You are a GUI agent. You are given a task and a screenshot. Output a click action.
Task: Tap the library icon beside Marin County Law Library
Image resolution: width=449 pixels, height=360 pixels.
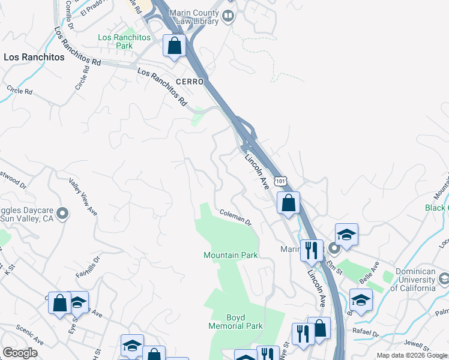point(228,16)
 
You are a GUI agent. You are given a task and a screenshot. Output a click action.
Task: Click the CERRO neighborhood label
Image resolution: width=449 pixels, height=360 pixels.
point(190,82)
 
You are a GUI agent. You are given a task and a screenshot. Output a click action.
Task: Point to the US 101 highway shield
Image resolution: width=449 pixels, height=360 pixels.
point(281,181)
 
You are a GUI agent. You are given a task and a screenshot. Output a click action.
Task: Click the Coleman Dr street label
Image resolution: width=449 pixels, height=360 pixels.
point(235,216)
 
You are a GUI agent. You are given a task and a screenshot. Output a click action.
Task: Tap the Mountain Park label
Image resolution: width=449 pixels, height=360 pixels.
point(231,255)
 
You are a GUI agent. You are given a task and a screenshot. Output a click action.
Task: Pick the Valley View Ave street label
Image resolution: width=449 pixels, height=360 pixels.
point(83,196)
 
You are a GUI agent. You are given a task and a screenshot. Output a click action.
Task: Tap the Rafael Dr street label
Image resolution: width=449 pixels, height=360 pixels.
point(367,334)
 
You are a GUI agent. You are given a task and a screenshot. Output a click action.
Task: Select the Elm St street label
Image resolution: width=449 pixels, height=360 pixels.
point(334,265)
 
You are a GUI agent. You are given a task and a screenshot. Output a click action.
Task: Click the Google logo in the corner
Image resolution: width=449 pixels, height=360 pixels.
point(20,353)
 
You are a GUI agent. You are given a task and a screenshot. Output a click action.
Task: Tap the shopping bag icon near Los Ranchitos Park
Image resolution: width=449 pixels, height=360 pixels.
point(174,46)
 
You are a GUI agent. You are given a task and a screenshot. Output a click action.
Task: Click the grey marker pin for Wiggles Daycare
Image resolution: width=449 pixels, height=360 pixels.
point(65,213)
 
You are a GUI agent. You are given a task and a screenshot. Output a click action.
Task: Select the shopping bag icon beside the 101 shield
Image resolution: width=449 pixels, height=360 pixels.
point(288,203)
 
